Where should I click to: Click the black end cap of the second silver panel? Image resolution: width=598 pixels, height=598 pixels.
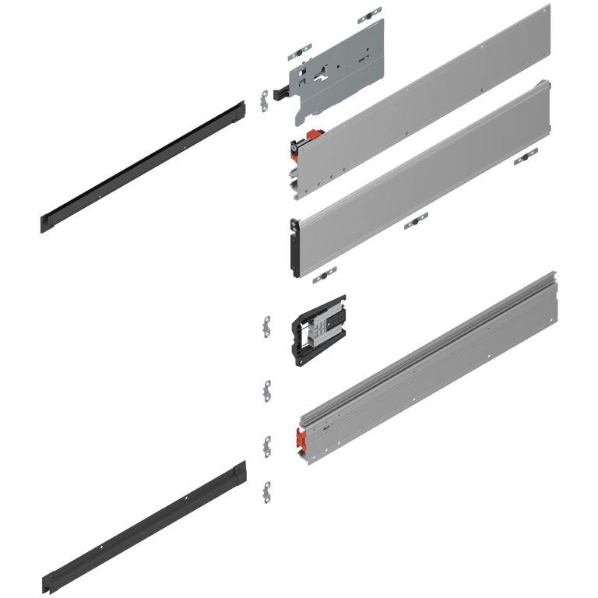(x=294, y=248)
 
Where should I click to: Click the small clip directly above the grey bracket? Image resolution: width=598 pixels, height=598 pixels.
(x=369, y=16)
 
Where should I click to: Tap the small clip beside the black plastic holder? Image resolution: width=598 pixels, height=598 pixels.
(x=267, y=325)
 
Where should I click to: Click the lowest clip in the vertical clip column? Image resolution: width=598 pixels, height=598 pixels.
(x=267, y=491)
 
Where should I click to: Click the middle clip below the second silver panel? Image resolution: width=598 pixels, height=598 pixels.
(x=416, y=221)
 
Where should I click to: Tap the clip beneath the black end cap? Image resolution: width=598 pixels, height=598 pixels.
(x=323, y=274)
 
